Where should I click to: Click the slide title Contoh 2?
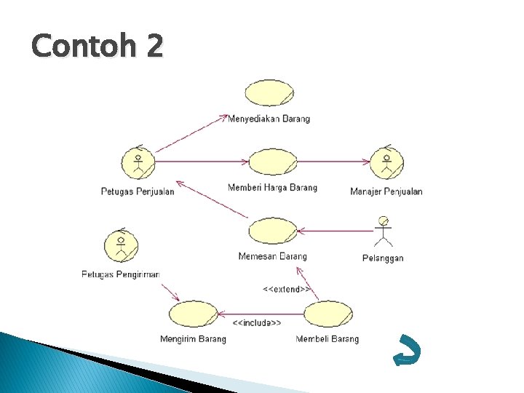click(98, 47)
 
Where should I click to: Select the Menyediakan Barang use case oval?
click(269, 93)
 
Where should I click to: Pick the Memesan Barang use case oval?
click(273, 231)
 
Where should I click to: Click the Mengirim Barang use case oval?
click(193, 314)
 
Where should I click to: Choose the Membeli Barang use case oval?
click(327, 314)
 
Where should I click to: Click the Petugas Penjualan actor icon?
click(138, 163)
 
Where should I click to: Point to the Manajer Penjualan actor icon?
click(386, 162)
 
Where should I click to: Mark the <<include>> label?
click(256, 322)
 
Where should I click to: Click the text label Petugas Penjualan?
click(138, 191)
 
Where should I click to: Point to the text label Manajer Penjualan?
click(386, 191)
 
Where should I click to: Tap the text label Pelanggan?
click(383, 258)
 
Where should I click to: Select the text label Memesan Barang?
click(272, 256)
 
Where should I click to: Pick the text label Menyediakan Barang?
click(269, 119)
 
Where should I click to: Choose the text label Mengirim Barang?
click(193, 339)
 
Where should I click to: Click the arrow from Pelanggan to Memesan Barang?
click(335, 231)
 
